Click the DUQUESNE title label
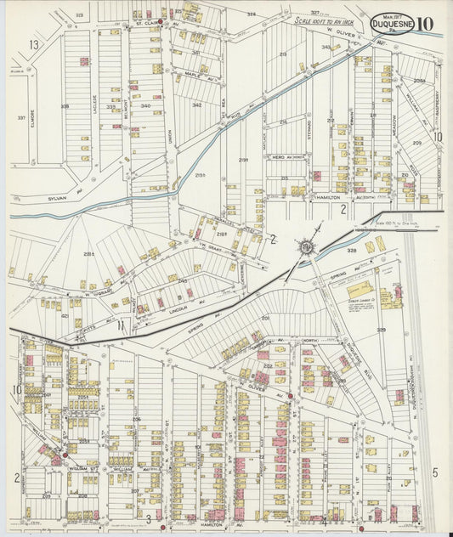[x=393, y=25]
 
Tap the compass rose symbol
[x=307, y=247]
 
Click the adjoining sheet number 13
[x=34, y=44]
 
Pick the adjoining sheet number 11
[x=121, y=324]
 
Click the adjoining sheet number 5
[x=434, y=472]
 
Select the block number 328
[x=352, y=252]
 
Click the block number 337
[x=21, y=118]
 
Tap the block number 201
[x=265, y=318]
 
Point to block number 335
[x=65, y=106]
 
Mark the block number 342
[x=196, y=105]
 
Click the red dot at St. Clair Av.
[x=161, y=21]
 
